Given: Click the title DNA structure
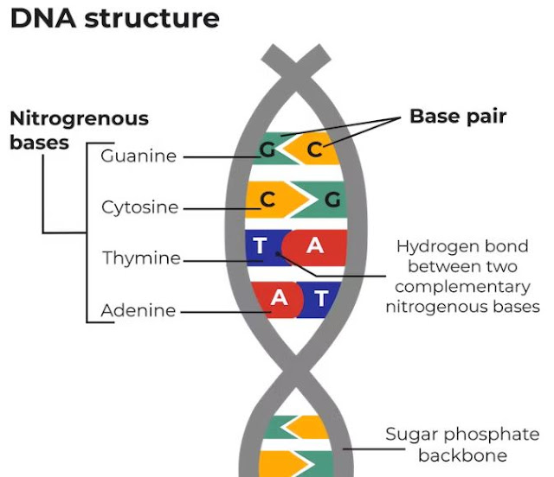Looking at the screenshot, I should [x=115, y=18].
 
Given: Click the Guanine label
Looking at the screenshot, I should [x=138, y=156].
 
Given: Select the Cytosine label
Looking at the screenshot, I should [x=139, y=207].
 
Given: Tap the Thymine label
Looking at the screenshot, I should [x=141, y=258].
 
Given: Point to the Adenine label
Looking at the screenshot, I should [x=138, y=310].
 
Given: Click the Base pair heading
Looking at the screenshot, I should [x=457, y=116].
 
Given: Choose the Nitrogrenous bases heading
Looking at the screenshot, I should [x=79, y=130].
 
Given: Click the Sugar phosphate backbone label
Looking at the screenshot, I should [x=461, y=444].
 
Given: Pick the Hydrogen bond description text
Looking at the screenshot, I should [x=461, y=276].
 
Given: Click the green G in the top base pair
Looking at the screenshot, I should [x=267, y=150].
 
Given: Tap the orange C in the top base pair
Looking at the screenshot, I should [x=314, y=150].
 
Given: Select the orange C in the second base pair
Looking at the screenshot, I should [x=267, y=200].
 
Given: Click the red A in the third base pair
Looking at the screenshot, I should [x=314, y=246].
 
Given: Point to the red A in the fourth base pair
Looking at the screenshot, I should [x=279, y=297].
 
